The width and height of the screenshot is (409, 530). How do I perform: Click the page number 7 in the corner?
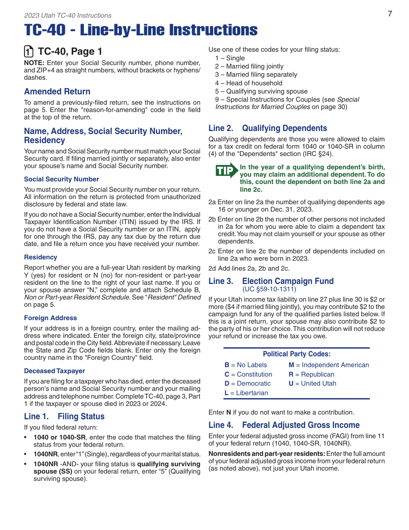click(390, 14)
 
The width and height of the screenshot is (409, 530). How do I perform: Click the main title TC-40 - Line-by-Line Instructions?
click(141, 30)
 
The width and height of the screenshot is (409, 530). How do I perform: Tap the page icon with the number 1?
click(29, 52)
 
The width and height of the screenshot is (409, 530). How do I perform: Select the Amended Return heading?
click(57, 91)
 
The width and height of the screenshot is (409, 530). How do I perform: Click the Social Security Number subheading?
click(62, 179)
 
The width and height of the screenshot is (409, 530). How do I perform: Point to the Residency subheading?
click(40, 257)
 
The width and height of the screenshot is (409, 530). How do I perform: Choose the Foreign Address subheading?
click(50, 318)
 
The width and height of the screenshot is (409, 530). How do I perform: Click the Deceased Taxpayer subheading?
click(55, 371)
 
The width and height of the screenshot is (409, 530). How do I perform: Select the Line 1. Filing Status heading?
click(64, 416)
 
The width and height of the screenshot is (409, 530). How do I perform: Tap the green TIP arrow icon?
click(226, 171)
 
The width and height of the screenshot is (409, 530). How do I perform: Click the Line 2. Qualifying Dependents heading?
click(267, 128)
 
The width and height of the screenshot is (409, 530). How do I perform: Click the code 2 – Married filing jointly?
click(249, 66)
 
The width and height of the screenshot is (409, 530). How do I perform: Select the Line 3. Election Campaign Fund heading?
click(271, 281)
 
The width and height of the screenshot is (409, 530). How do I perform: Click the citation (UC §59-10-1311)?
click(269, 289)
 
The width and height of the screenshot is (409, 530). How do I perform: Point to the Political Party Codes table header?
click(297, 354)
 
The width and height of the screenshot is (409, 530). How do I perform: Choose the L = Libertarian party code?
click(246, 393)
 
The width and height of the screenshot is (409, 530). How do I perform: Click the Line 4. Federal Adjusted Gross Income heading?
click(284, 425)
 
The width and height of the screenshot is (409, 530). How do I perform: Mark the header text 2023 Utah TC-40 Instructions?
click(68, 16)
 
